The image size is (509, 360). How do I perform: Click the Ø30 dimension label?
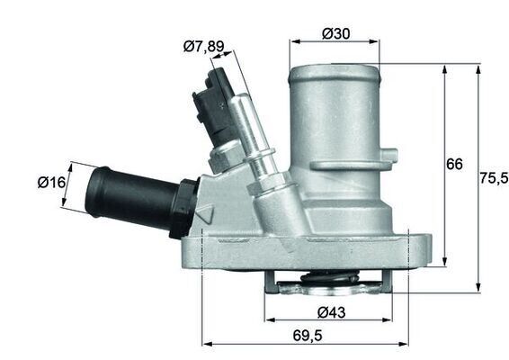(335, 34)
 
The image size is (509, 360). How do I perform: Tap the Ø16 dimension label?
(52, 182)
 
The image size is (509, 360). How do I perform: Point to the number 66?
(455, 164)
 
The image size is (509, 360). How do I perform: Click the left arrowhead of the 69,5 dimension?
(206, 343)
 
